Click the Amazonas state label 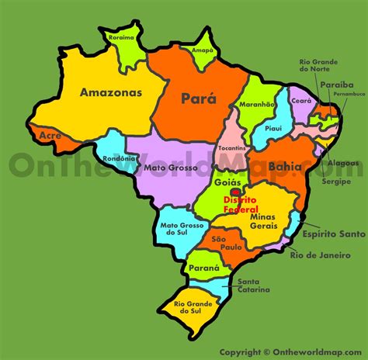[110, 92]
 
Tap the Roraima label [123, 36]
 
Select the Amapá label [202, 49]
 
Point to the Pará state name [199, 99]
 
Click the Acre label [49, 135]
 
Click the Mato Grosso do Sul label [177, 231]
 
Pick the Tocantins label [231, 147]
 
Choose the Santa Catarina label [254, 286]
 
